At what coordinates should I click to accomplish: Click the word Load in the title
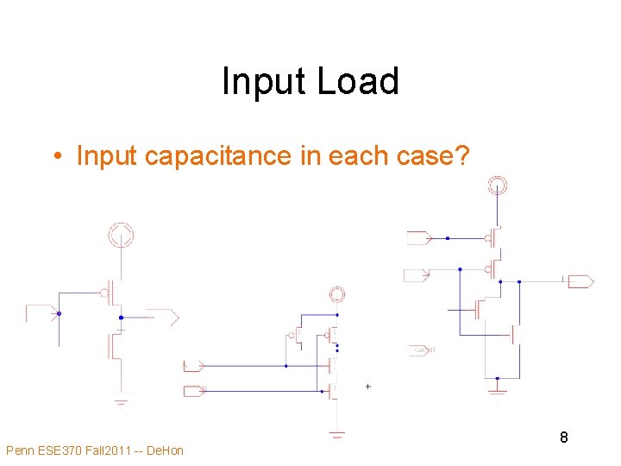pos(358,82)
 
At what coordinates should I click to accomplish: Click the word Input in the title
pos(265,82)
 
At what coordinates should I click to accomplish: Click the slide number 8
pos(563,438)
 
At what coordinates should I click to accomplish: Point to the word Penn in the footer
pos(21,450)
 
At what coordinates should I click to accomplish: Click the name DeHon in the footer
pos(165,450)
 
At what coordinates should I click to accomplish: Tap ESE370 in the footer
pos(63,450)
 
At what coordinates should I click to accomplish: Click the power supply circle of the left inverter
pos(120,233)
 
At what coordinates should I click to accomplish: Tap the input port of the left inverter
pos(40,312)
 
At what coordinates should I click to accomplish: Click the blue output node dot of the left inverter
pos(121,318)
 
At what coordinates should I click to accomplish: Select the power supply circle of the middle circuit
pos(337,295)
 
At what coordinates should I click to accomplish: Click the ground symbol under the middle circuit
pos(337,434)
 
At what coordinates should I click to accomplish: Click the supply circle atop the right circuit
pos(497,185)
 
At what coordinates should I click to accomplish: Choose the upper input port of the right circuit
pos(417,237)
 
